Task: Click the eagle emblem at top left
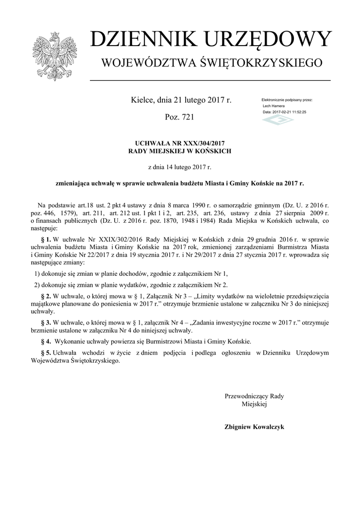52,55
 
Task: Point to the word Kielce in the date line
142,100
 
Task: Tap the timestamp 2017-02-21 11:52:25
290,112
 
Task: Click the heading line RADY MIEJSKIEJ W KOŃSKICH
180,150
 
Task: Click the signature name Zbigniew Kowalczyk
254,427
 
